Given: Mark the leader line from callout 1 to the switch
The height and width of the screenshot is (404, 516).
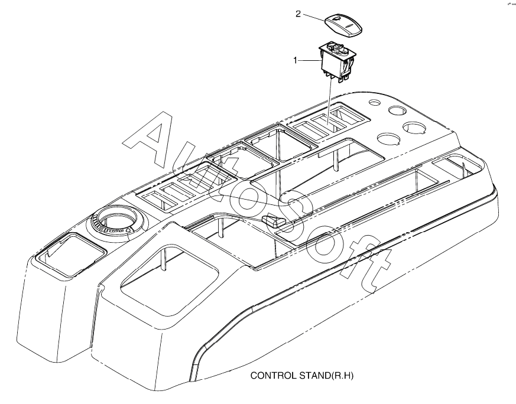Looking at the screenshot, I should coord(310,60).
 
